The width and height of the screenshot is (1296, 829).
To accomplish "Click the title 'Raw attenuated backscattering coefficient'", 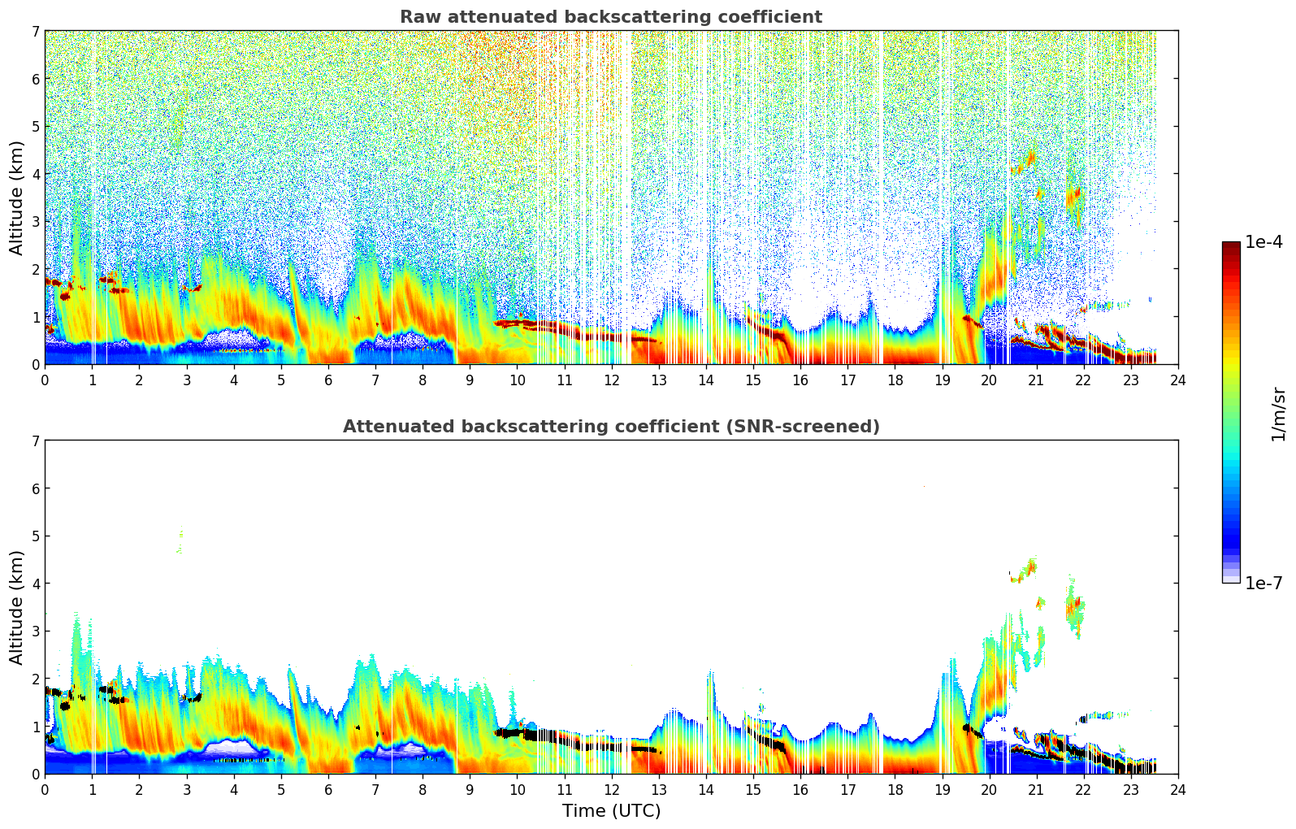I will click(x=610, y=17).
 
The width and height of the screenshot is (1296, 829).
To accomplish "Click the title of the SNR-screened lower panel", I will click(x=610, y=427).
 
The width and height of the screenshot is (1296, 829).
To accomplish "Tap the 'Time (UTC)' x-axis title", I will click(x=611, y=811).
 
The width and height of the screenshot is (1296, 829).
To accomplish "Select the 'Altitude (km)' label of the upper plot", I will click(x=17, y=197).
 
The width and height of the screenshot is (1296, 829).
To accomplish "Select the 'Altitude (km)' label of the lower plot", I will click(x=17, y=607).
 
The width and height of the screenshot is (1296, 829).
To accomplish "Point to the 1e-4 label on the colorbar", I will click(x=1263, y=242).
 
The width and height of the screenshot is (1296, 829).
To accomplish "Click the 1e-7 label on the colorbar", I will click(x=1263, y=584).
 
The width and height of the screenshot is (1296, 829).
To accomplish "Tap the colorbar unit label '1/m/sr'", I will click(x=1278, y=414).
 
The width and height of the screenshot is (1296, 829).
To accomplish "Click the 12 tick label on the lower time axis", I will click(x=611, y=790).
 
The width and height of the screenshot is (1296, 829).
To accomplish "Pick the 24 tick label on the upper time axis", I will click(x=1178, y=380).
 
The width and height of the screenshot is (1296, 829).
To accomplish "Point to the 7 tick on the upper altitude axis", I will click(x=35, y=31).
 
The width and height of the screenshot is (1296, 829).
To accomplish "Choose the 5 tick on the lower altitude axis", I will click(x=35, y=536).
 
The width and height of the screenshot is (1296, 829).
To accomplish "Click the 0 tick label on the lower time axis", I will click(x=45, y=790).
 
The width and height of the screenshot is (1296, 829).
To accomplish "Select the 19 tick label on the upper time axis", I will click(x=942, y=380).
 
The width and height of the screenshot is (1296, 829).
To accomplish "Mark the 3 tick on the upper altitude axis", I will click(x=35, y=222).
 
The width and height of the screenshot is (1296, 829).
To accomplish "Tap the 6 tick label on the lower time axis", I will click(x=328, y=790).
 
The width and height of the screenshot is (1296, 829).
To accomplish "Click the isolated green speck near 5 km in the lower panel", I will click(x=180, y=540).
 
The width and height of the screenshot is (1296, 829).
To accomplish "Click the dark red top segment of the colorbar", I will click(x=1230, y=246).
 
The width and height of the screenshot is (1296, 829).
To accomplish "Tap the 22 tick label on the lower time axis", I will click(x=1084, y=790).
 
